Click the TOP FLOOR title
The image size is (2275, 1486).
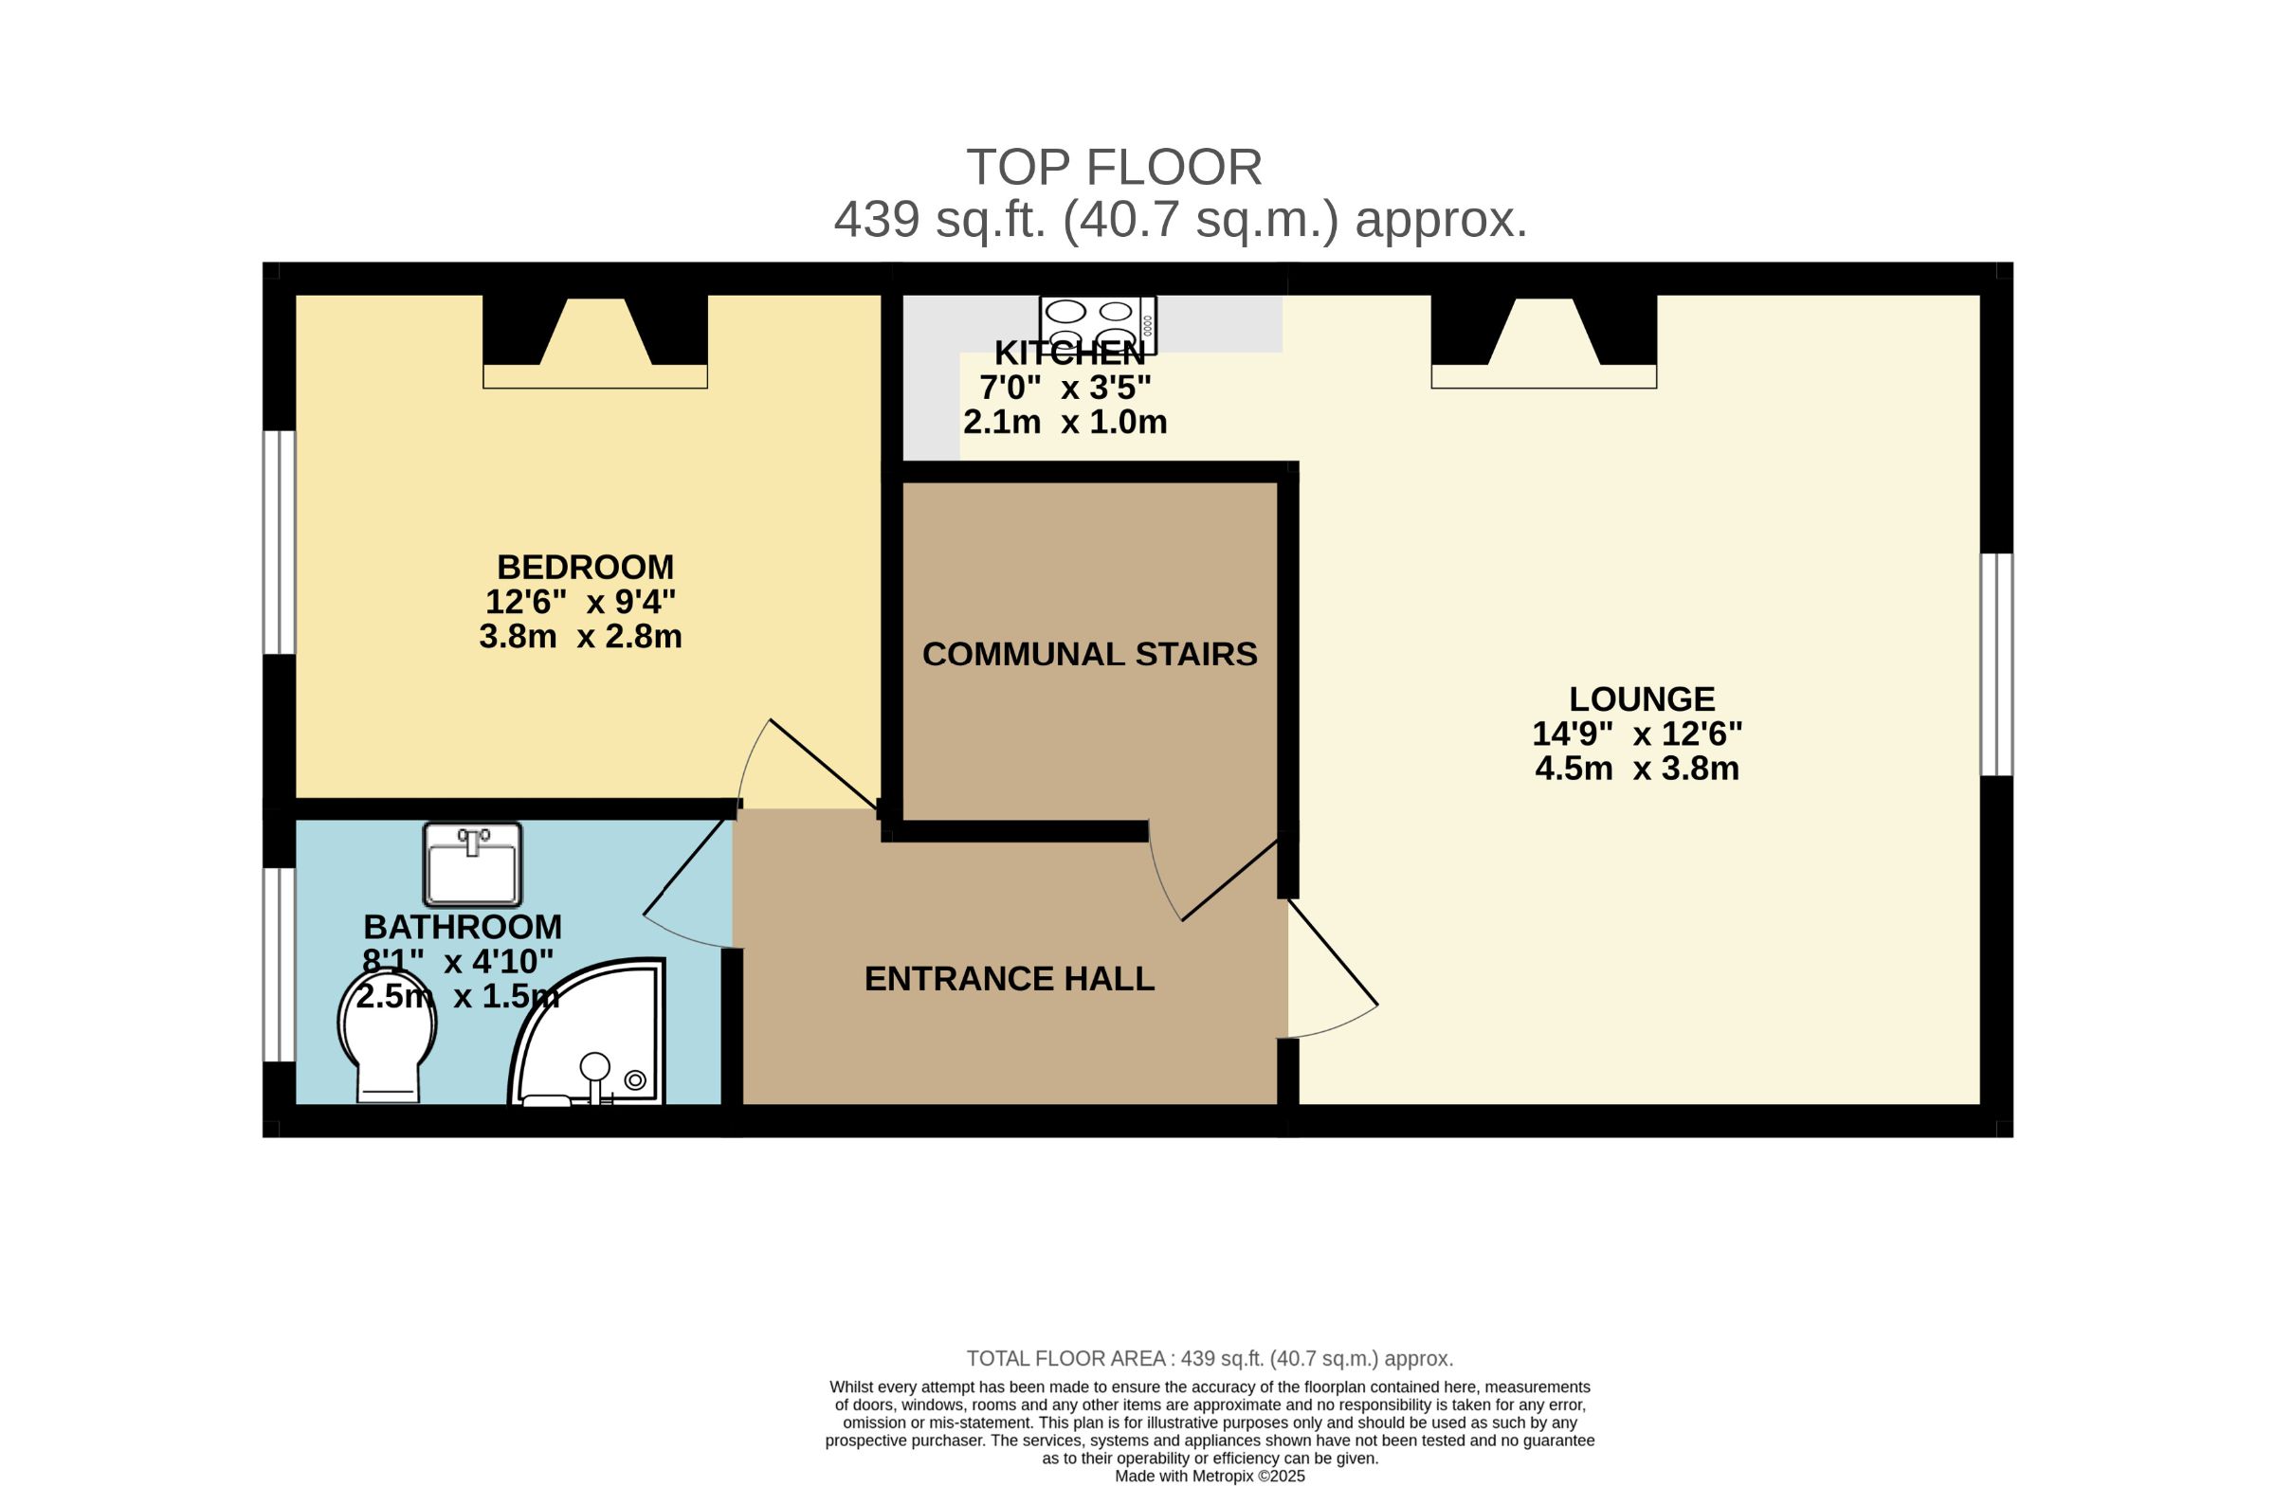point(1115,167)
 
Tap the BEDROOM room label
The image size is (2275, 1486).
point(585,567)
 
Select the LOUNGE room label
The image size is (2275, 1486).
point(1642,698)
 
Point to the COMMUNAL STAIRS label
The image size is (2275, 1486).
point(1090,654)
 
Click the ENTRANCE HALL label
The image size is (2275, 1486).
point(1010,979)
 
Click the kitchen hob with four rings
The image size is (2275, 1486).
point(1099,325)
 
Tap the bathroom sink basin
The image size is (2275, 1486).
point(472,864)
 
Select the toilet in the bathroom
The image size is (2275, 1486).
point(387,1038)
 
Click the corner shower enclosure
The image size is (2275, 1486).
point(587,1032)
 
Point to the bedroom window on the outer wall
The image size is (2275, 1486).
point(279,542)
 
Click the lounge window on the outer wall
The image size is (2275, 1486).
point(1997,664)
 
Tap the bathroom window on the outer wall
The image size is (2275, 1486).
point(279,964)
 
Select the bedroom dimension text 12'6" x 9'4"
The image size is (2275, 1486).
point(580,602)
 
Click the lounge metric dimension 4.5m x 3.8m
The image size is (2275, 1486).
point(1637,769)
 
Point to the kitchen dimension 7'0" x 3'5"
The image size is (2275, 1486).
point(1065,387)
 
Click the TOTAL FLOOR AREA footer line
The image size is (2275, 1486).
point(1210,1358)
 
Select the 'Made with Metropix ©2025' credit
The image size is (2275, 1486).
point(1210,1476)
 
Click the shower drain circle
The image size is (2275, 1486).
point(635,1079)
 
